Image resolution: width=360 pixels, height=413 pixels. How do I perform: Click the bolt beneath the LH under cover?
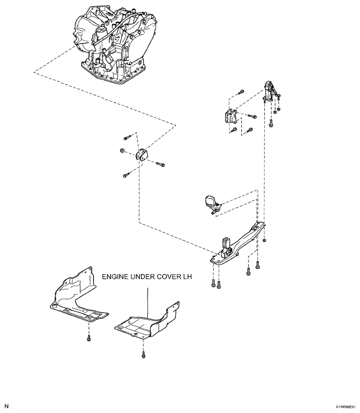click(x=143, y=356)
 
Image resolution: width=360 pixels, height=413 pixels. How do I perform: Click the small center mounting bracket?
click(x=142, y=155)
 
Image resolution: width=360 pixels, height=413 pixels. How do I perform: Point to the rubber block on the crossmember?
click(x=227, y=244)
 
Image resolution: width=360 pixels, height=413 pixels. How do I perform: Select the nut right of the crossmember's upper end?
click(x=264, y=240)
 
